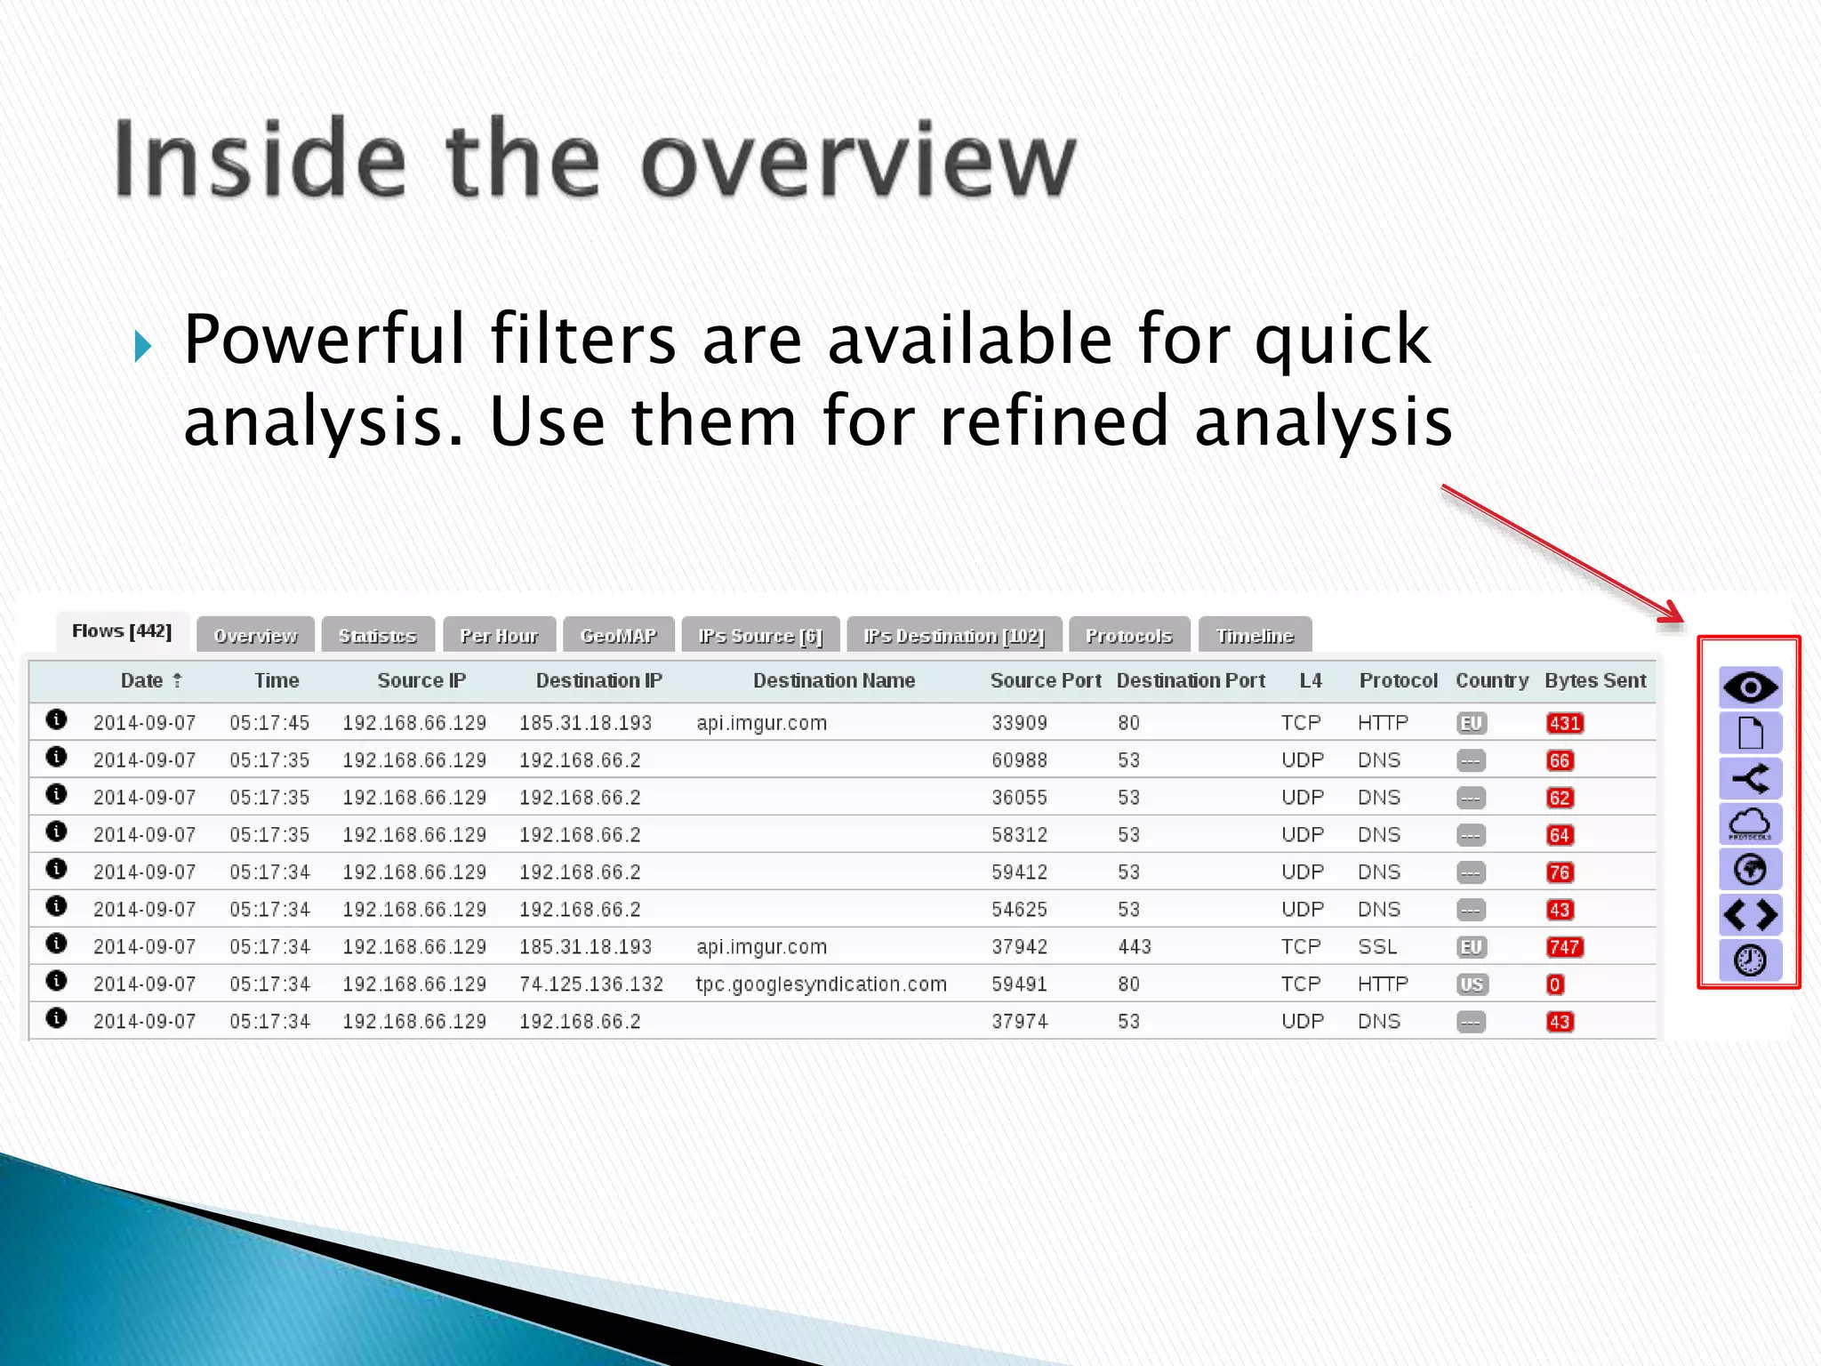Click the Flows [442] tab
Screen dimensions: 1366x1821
pyautogui.click(x=122, y=631)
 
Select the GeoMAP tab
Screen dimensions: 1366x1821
pyautogui.click(x=618, y=636)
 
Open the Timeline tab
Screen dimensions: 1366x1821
pyautogui.click(x=1255, y=636)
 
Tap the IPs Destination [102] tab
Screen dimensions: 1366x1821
pyautogui.click(x=954, y=636)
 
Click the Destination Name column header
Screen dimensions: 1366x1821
pyautogui.click(x=833, y=680)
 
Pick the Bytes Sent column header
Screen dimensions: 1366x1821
pyautogui.click(x=1595, y=680)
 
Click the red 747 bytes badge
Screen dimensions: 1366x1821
pyautogui.click(x=1564, y=947)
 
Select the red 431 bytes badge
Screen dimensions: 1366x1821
pyautogui.click(x=1564, y=723)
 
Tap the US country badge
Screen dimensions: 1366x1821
pyautogui.click(x=1472, y=984)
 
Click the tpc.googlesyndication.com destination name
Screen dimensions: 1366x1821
pyautogui.click(x=821, y=984)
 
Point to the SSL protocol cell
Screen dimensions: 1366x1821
pyautogui.click(x=1377, y=947)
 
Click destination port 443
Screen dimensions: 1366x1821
pyautogui.click(x=1134, y=947)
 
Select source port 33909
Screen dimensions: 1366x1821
pyautogui.click(x=1019, y=723)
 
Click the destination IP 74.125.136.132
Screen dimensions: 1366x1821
pyautogui.click(x=591, y=984)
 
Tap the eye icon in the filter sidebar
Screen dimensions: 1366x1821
pyautogui.click(x=1750, y=687)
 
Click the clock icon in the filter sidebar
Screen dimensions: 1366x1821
pyautogui.click(x=1750, y=960)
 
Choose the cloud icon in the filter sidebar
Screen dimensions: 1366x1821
pyautogui.click(x=1750, y=824)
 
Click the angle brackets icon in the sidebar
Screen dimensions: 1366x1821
pyautogui.click(x=1750, y=914)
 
